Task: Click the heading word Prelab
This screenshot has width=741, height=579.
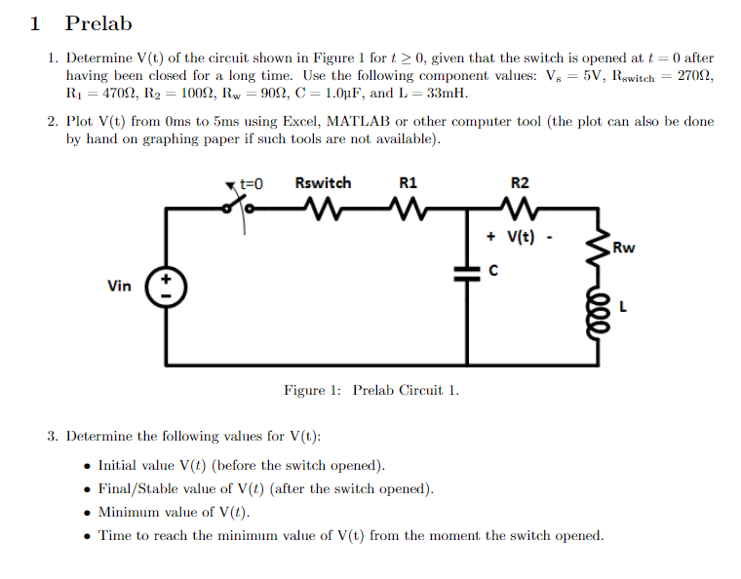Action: [97, 23]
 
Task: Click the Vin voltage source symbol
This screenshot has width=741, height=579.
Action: [166, 285]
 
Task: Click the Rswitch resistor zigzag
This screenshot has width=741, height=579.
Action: [323, 207]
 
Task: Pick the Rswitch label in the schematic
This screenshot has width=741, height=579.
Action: [323, 183]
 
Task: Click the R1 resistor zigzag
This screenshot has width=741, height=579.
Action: [408, 207]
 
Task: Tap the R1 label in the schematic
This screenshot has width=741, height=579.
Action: [408, 183]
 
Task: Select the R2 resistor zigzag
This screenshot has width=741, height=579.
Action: [520, 207]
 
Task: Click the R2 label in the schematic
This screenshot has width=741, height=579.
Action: [520, 183]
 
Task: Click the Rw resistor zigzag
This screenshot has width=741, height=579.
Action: [595, 251]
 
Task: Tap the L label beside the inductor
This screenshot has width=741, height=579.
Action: [623, 310]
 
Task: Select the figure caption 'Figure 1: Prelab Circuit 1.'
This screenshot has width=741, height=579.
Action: [371, 390]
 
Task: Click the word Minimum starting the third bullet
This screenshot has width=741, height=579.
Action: [129, 512]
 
